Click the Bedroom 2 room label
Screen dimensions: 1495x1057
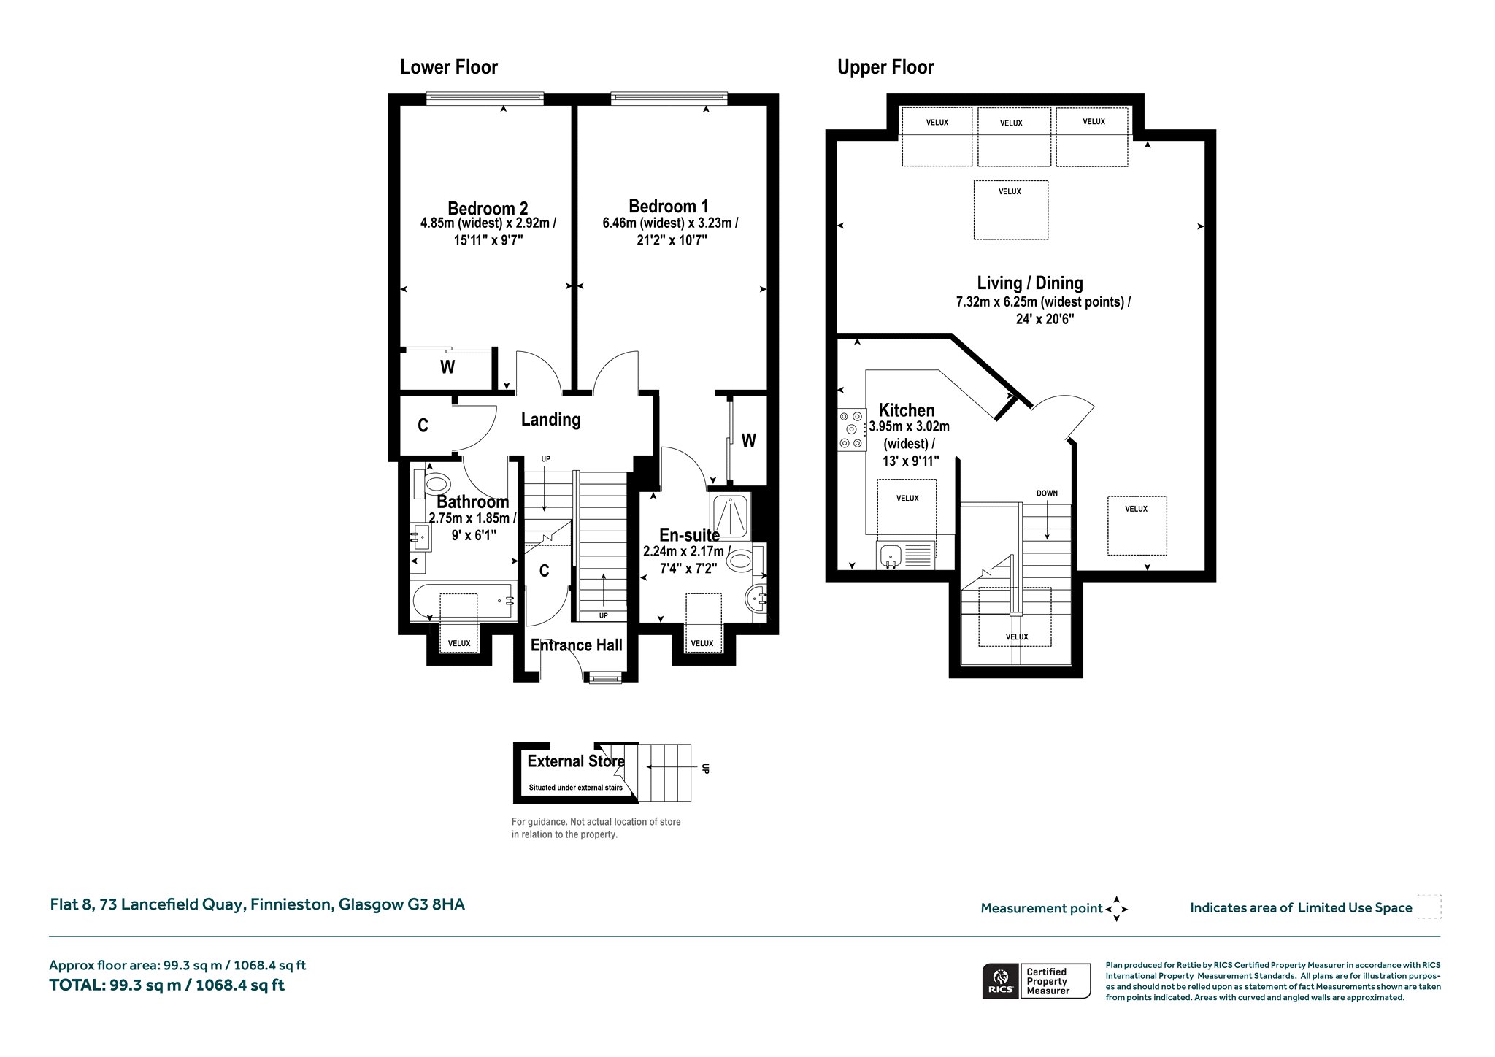[x=488, y=209]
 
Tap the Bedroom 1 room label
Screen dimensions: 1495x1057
[x=669, y=206]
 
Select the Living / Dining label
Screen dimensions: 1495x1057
[x=1030, y=283]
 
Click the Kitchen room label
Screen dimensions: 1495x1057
[x=907, y=410]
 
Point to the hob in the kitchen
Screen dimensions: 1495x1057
[x=850, y=429]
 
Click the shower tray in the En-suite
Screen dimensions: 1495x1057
[x=729, y=515]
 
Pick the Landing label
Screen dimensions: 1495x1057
[x=550, y=420]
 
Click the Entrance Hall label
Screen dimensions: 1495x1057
[x=576, y=645]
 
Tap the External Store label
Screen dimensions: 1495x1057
[x=576, y=761]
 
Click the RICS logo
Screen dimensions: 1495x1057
[x=999, y=981]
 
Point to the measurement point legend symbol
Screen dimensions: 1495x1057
[x=1116, y=909]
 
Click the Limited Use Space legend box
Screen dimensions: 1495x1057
[x=1429, y=907]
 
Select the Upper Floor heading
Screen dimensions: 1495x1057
[x=885, y=68]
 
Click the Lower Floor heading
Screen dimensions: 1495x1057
[x=448, y=68]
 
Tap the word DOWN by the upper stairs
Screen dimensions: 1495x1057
[x=1047, y=493]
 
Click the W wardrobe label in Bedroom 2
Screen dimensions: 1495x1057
[x=447, y=367]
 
